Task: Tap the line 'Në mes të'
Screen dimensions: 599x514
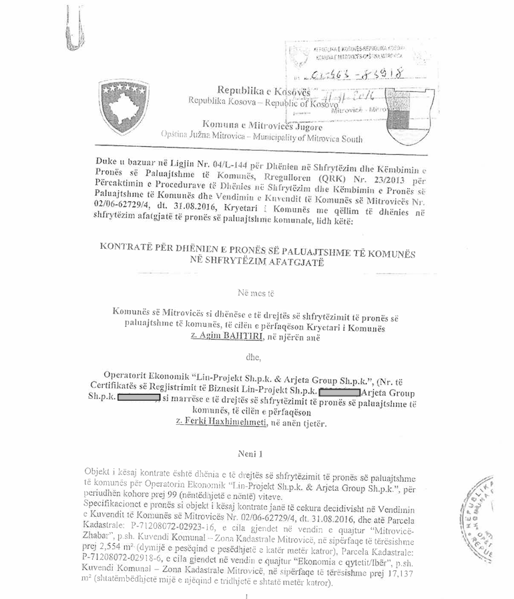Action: coord(256,291)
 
